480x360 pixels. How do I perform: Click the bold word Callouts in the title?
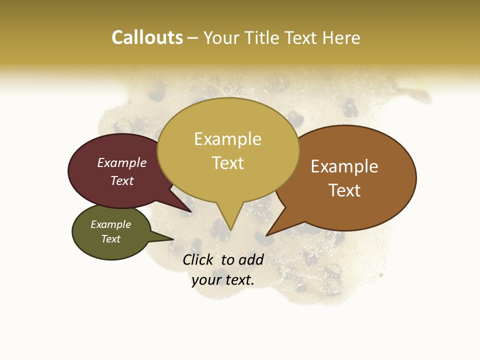(x=147, y=37)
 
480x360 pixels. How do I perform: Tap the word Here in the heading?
(x=341, y=37)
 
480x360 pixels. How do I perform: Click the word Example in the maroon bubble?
(x=122, y=162)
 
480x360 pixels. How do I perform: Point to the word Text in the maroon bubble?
(x=122, y=180)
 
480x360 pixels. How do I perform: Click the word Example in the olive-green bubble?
(x=110, y=224)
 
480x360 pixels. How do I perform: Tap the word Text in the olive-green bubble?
(x=110, y=239)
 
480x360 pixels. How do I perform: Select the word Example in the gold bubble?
(x=227, y=139)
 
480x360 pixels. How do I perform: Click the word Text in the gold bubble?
(x=227, y=163)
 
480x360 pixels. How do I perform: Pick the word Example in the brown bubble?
(x=344, y=166)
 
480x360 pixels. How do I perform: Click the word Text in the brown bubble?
(x=344, y=190)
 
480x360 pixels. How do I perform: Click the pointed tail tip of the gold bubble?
(x=230, y=230)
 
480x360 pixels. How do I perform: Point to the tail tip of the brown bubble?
(x=266, y=235)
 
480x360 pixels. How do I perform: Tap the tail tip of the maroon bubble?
(x=191, y=212)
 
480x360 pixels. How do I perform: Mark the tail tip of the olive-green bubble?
(x=173, y=239)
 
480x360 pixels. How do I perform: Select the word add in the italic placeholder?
(x=251, y=259)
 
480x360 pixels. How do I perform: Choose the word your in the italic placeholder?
(x=205, y=280)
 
